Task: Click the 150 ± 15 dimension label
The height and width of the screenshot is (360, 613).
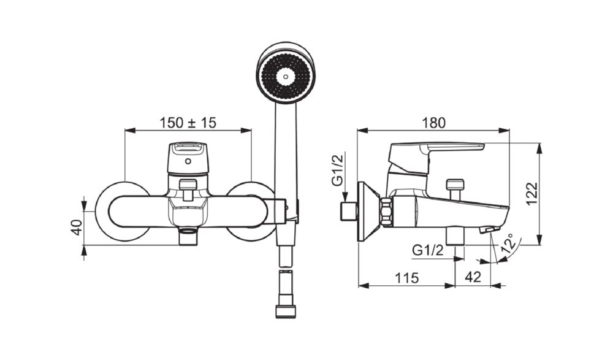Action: click(x=188, y=123)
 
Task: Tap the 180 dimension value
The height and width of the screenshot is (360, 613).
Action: click(x=433, y=123)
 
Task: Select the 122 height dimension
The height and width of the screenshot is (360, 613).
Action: click(x=532, y=194)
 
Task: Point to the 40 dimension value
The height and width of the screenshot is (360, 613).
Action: click(x=77, y=228)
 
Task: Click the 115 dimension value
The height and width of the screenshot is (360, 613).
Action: click(x=406, y=278)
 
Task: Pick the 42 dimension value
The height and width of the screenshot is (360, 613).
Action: click(x=473, y=277)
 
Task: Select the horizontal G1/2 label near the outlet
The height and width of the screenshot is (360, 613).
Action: click(x=428, y=250)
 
